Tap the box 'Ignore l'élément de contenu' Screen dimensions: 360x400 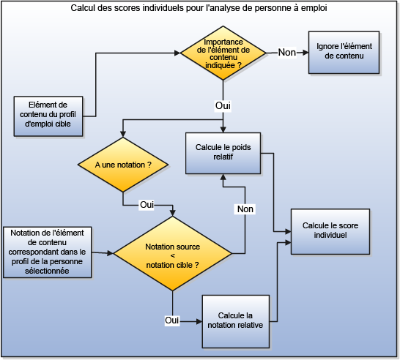pos(344,52)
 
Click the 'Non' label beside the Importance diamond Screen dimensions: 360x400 pos(287,53)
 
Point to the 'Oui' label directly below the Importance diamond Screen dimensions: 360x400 pos(223,106)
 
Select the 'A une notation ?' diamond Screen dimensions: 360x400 pos(123,166)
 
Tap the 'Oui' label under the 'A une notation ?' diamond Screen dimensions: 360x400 pos(147,204)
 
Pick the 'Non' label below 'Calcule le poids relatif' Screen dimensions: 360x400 pos(245,209)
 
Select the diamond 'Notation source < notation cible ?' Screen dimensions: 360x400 pos(172,252)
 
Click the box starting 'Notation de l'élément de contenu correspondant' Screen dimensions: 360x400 pos(47,252)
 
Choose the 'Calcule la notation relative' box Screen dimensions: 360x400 pos(236,320)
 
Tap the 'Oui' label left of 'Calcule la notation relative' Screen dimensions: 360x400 pos(172,320)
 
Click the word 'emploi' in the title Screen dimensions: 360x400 pos(312,8)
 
